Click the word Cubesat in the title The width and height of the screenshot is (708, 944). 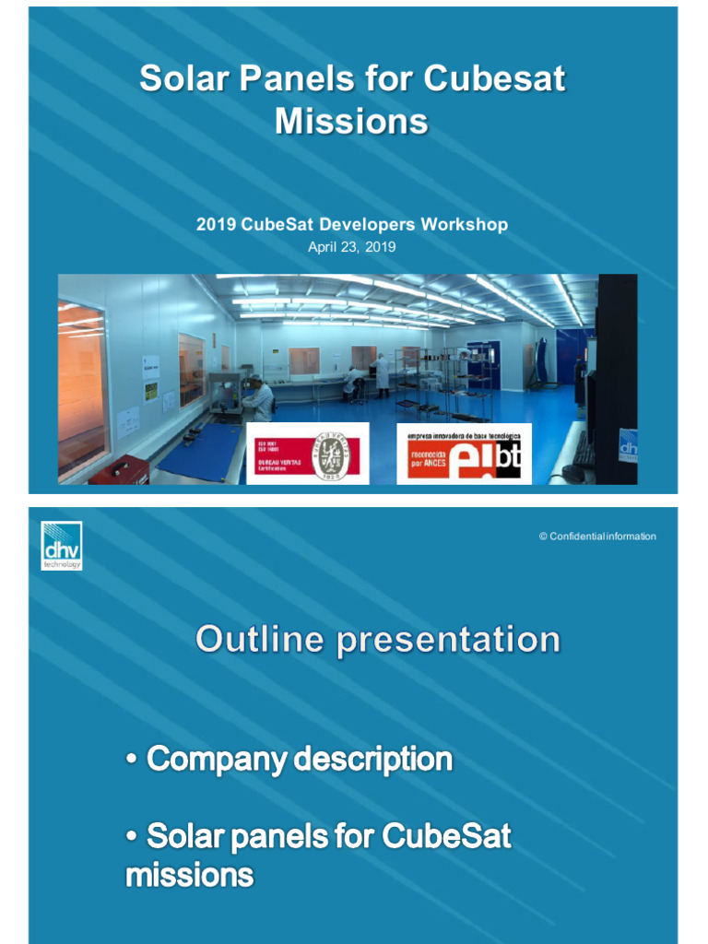[x=495, y=79]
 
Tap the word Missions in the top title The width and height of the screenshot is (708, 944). [x=351, y=122]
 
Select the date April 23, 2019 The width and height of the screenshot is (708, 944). [x=351, y=246]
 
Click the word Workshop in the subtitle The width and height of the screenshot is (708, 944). [x=465, y=224]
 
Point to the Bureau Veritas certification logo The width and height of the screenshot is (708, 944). [x=307, y=453]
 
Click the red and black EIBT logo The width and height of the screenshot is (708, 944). [x=464, y=454]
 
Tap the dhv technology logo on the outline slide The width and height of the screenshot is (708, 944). [x=62, y=545]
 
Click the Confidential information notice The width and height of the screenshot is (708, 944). [x=597, y=537]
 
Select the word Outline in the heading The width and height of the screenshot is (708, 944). [x=259, y=640]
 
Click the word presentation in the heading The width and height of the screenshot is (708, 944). [x=448, y=640]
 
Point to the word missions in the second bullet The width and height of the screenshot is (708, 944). [x=189, y=875]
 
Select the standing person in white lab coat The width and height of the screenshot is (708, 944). [x=382, y=374]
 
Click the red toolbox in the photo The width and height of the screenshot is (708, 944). [x=118, y=469]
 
